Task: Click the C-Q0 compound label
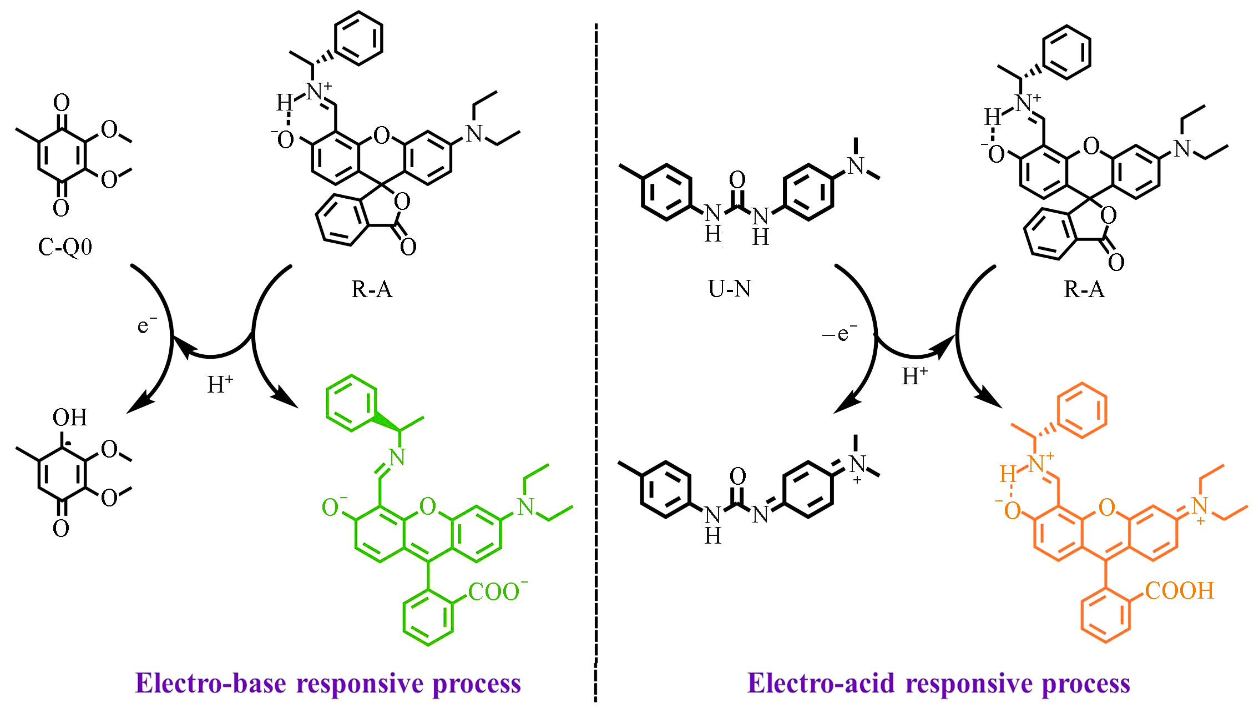point(65,247)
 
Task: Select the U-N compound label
point(729,289)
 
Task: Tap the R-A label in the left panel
point(372,289)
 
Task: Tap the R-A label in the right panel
point(1084,289)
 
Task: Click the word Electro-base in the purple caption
point(211,683)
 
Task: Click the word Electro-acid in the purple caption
point(821,683)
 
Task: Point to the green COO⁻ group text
point(497,591)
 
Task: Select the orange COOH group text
point(1180,590)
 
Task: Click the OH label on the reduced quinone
point(70,418)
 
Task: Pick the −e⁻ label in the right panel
point(840,333)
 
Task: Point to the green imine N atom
point(397,458)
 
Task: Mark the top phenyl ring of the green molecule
point(351,403)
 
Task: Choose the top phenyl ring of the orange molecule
point(1082,410)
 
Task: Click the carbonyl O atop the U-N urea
point(737,179)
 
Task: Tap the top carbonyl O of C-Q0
point(61,103)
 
